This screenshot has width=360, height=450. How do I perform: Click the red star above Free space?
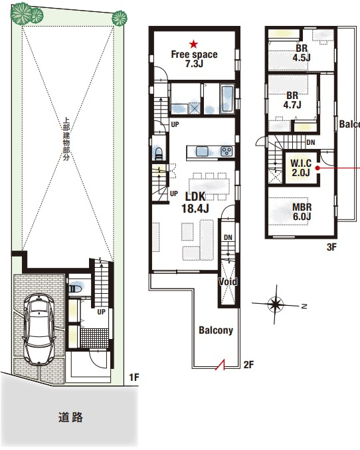click(x=194, y=44)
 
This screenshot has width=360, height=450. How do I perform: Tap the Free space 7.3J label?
click(x=194, y=59)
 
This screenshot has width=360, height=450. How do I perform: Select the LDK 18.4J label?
click(x=195, y=202)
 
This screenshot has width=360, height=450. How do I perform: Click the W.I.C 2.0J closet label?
click(x=301, y=168)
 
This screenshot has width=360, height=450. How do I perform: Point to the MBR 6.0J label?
click(x=302, y=212)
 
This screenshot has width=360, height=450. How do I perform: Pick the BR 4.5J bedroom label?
click(x=302, y=53)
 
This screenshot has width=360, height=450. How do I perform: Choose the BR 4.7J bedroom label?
click(x=292, y=100)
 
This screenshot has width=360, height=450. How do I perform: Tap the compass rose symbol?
click(x=276, y=304)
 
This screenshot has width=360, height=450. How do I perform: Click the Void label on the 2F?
click(x=228, y=282)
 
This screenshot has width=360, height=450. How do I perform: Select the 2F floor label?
click(x=248, y=364)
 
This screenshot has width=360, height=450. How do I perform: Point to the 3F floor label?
click(x=331, y=247)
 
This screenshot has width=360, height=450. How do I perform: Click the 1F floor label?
click(x=134, y=377)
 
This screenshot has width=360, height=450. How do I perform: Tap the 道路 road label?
click(x=70, y=417)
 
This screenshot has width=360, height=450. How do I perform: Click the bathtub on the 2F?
click(x=227, y=98)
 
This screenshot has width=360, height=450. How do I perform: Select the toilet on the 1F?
click(x=76, y=288)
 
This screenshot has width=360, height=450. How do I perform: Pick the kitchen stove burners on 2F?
click(x=226, y=152)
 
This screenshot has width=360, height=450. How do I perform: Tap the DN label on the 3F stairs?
click(x=311, y=142)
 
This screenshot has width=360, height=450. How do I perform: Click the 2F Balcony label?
click(x=216, y=330)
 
